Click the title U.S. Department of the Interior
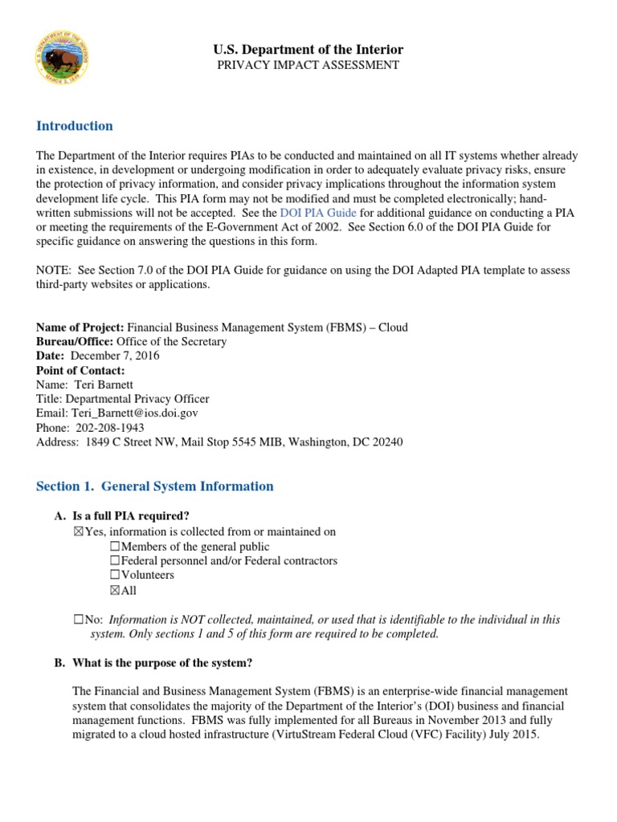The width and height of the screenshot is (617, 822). coord(308,50)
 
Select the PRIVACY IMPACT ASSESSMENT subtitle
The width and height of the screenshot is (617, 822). coord(308,65)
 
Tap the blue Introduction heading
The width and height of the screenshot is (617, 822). coord(75,126)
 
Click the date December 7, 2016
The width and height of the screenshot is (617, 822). coord(122,356)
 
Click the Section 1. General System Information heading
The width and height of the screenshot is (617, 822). coord(155,486)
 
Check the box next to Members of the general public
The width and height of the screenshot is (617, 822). coord(114,547)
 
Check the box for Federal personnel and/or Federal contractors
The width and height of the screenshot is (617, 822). coord(114,561)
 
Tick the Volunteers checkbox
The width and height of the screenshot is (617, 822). coord(114,576)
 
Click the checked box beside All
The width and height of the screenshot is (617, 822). coord(114,590)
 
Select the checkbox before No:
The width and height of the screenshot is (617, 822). coord(78,620)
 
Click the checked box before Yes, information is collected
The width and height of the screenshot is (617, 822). coord(78,532)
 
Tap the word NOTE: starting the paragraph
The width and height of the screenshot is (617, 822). coord(55,271)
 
